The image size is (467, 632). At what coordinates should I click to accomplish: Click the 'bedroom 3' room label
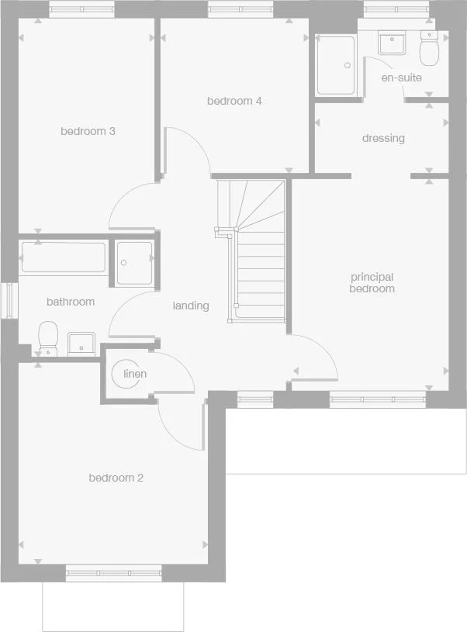(x=88, y=131)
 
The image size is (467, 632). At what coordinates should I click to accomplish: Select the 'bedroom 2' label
(x=116, y=478)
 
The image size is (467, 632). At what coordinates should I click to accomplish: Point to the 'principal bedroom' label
(x=372, y=282)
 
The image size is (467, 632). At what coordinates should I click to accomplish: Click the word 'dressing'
(x=383, y=138)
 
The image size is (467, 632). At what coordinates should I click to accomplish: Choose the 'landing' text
(x=191, y=306)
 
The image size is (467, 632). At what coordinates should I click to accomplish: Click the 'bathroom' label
(x=70, y=302)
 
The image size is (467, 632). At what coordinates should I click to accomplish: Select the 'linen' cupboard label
(x=135, y=374)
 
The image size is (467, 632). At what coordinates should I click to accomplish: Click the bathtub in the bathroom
(x=64, y=257)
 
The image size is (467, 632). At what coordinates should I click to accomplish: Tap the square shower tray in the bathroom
(x=134, y=263)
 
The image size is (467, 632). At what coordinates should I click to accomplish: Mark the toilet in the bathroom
(x=47, y=338)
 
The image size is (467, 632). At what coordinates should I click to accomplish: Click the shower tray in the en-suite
(x=336, y=65)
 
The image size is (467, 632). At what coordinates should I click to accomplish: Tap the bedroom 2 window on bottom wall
(x=113, y=574)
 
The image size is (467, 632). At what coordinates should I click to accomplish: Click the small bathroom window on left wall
(x=9, y=300)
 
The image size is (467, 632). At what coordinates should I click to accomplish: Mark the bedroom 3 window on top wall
(x=81, y=9)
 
